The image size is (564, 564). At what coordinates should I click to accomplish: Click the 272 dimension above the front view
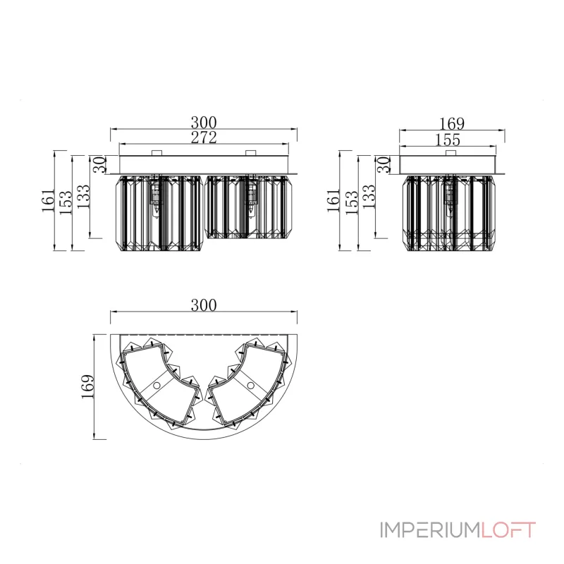(204, 137)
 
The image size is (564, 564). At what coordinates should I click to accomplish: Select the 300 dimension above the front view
(204, 122)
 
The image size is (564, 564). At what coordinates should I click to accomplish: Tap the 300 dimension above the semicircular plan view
(204, 305)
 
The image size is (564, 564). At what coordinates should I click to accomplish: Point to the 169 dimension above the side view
(452, 124)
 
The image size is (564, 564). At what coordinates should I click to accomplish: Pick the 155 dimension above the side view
(448, 140)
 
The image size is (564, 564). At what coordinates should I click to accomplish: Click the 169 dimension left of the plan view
(87, 386)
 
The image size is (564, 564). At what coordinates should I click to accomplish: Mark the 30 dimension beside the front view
(99, 164)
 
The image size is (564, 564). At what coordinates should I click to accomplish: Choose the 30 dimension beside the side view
(384, 164)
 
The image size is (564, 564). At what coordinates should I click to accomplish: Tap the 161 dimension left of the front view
(48, 200)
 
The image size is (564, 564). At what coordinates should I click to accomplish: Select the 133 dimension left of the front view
(83, 197)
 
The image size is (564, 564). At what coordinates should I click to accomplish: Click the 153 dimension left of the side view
(352, 202)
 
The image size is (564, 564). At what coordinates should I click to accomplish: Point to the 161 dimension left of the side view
(333, 200)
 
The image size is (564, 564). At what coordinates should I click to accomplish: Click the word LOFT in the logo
(508, 530)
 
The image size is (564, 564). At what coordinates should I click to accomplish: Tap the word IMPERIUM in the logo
(430, 530)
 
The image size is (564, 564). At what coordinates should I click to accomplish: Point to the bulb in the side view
(449, 199)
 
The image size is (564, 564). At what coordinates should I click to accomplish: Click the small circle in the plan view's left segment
(157, 386)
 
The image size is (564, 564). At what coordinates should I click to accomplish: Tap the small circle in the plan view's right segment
(251, 386)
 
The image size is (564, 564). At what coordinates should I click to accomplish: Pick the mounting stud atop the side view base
(449, 153)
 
